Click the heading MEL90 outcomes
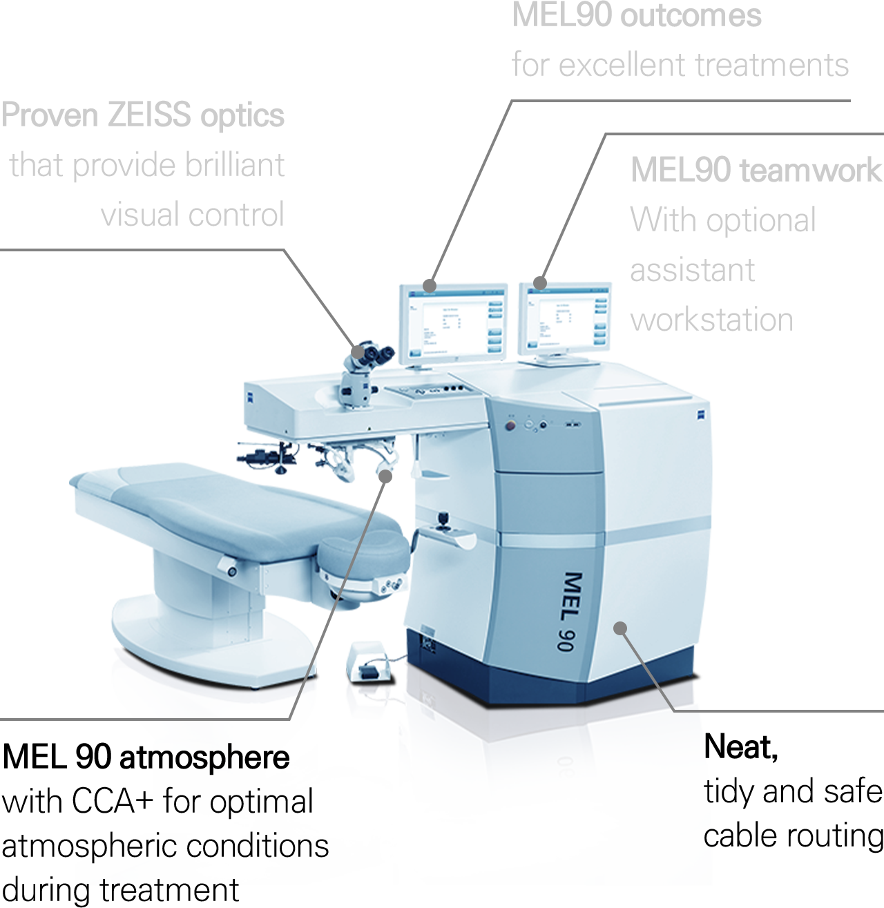[637, 16]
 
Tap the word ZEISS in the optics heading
[149, 115]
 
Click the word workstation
[712, 320]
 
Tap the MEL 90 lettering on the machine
[571, 611]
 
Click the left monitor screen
[454, 324]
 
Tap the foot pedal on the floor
[369, 663]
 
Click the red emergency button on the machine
[510, 425]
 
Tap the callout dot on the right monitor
[540, 283]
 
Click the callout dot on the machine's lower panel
[619, 628]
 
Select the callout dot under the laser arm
[385, 476]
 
